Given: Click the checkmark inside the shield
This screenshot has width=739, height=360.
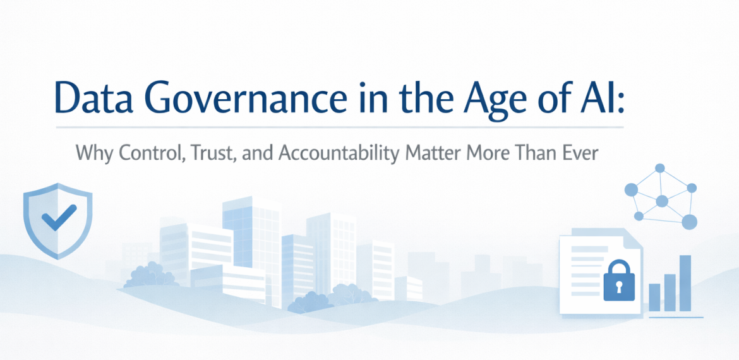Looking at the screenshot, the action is [59, 218].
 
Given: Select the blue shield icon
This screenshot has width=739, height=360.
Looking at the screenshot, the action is [57, 220].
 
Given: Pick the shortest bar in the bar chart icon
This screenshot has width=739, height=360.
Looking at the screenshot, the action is [654, 297].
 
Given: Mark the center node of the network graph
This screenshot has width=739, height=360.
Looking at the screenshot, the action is [662, 201].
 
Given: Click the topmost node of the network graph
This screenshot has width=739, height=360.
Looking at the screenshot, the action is [660, 168].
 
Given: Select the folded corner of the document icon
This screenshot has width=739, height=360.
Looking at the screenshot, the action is [632, 238].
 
